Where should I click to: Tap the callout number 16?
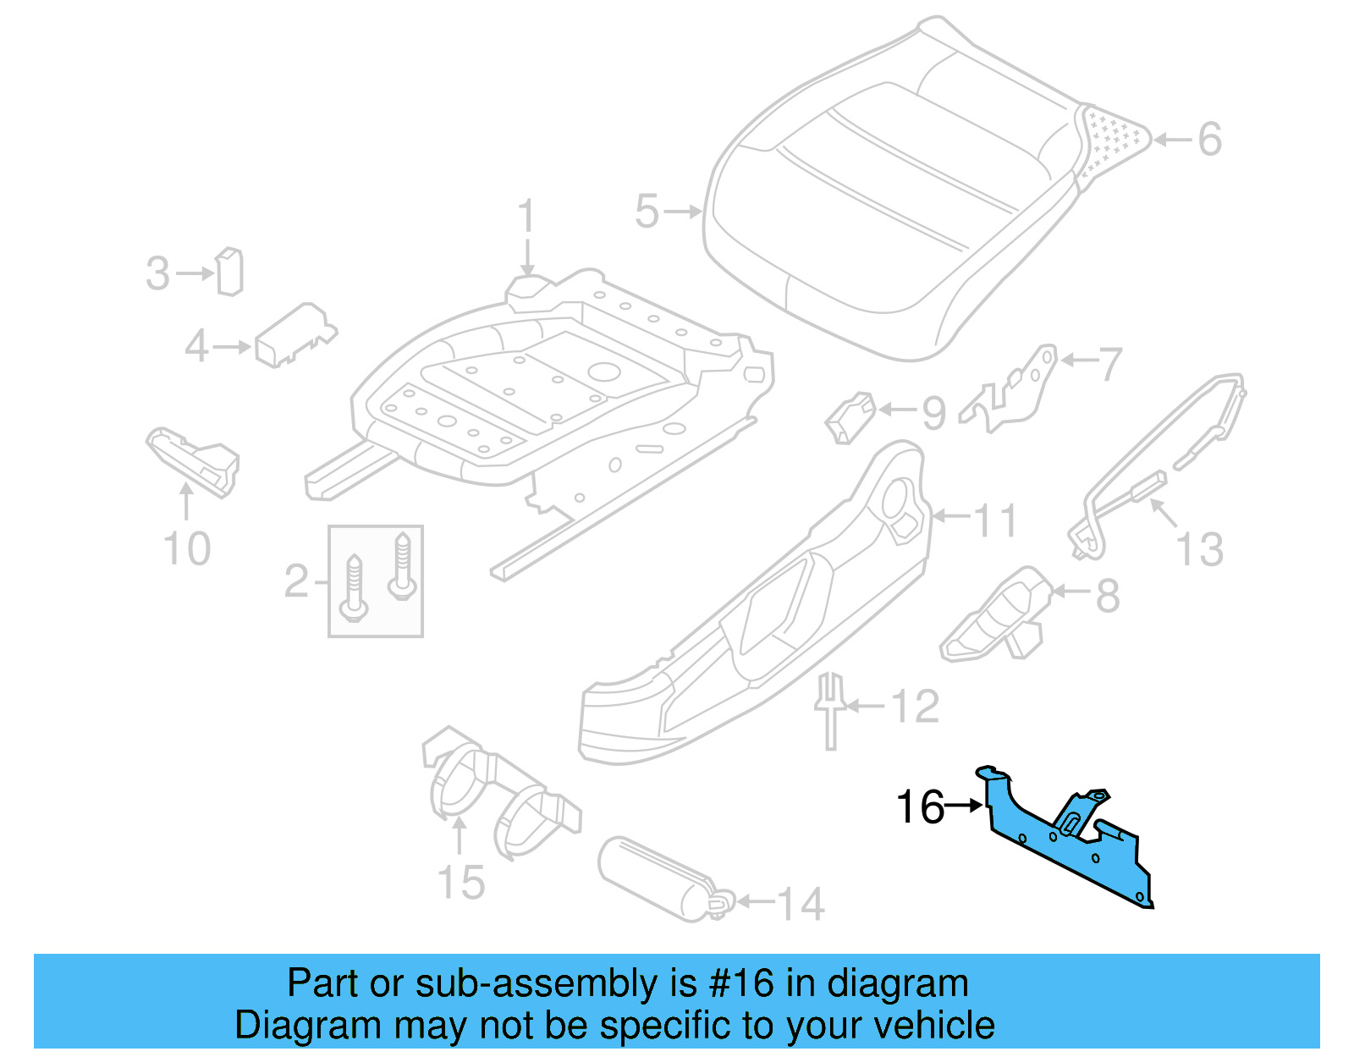[x=919, y=807]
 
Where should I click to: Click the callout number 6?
[x=1209, y=140]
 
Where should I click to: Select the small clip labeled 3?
[x=229, y=272]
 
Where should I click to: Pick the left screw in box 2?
[x=354, y=587]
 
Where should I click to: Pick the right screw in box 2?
[x=402, y=565]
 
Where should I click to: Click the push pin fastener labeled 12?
[x=830, y=711]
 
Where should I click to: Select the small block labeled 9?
[x=850, y=416]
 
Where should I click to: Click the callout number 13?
[x=1199, y=550]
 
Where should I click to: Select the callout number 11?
[x=995, y=520]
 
